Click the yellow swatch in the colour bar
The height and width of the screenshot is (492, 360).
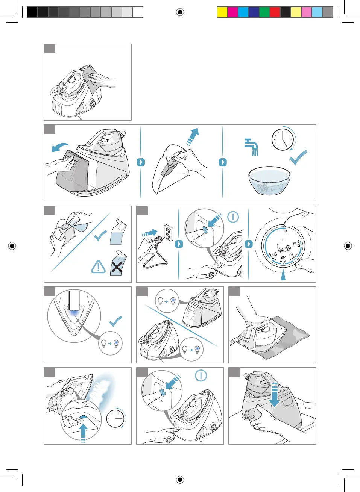(x=222, y=12)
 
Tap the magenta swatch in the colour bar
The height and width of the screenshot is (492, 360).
(x=233, y=12)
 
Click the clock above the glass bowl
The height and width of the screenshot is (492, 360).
(x=282, y=139)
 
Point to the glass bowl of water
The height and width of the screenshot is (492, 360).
(x=269, y=181)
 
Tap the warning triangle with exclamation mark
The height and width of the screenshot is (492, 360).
(x=99, y=267)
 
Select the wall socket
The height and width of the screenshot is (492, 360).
(x=169, y=233)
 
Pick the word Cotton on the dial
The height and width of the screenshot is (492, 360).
(x=294, y=257)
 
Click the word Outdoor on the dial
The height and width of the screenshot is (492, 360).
(x=273, y=257)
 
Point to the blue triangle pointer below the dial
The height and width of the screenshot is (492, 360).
(x=283, y=276)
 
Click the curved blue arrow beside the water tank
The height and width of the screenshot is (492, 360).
(x=60, y=147)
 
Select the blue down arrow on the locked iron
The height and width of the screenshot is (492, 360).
(x=275, y=396)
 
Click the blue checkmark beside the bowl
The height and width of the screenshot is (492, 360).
(x=298, y=158)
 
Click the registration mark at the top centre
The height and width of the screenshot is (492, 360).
(x=180, y=12)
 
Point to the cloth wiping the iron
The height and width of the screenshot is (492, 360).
(x=90, y=79)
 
